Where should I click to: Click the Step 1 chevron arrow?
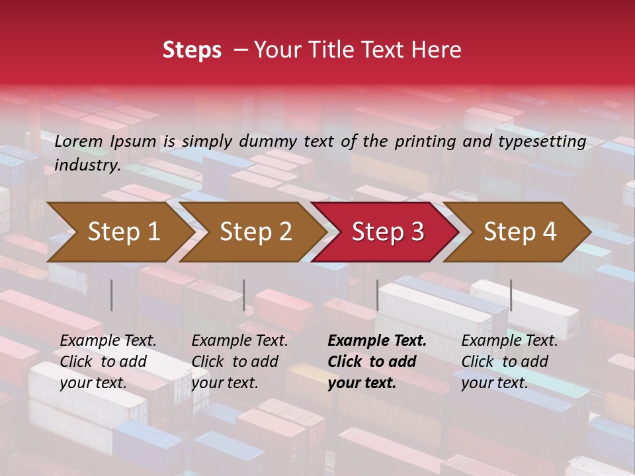pos(119,232)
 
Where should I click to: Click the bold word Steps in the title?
pos(192,50)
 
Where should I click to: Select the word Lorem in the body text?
pos(79,141)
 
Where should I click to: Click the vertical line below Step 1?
pos(111,295)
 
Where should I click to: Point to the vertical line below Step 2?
pos(244,295)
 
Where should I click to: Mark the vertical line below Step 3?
pos(377,295)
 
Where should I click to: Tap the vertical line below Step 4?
pos(511,295)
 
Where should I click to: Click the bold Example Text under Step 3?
pos(377,341)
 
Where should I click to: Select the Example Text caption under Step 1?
pos(108,341)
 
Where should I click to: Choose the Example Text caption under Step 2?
pos(239,341)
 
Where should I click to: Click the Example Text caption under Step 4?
pos(509,341)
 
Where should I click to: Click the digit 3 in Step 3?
pos(417,232)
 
